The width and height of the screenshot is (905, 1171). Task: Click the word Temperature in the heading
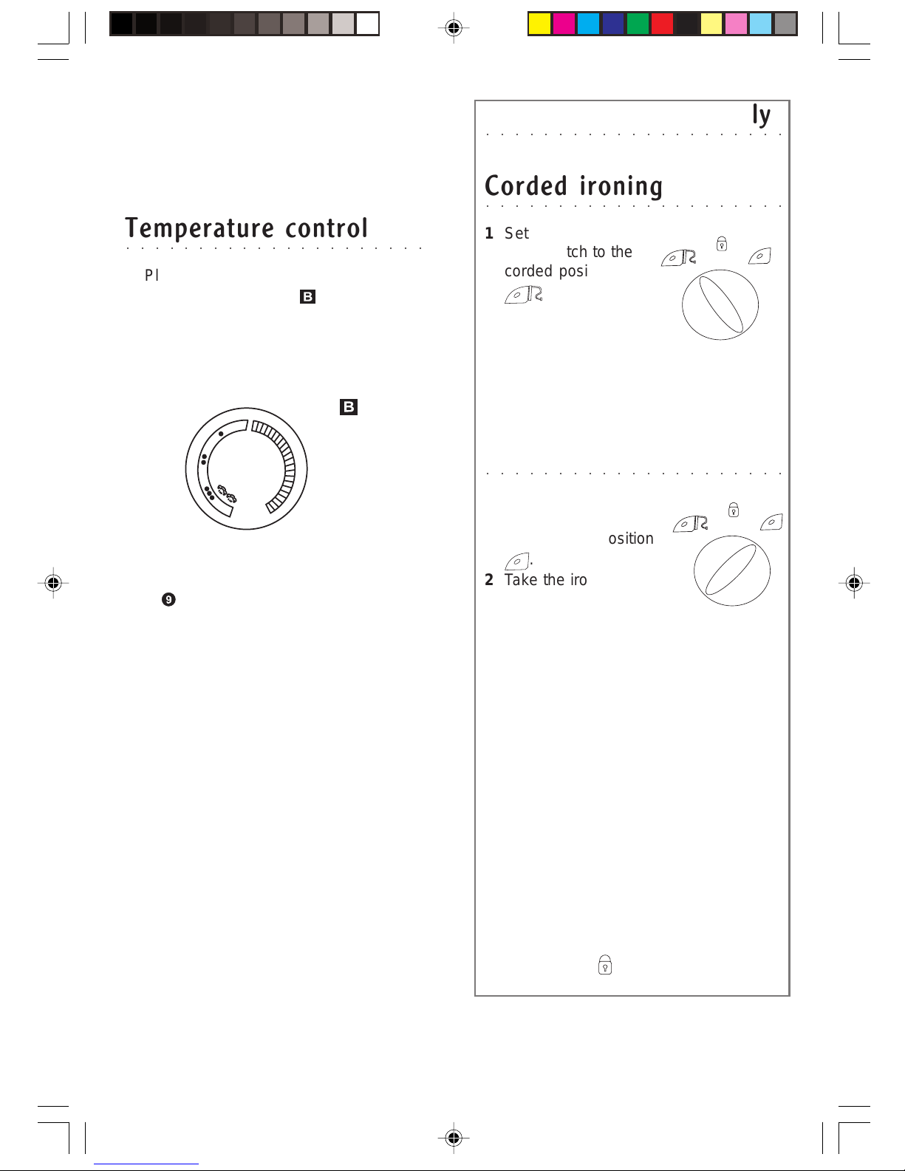[200, 228]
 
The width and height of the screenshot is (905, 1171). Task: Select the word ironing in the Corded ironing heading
[621, 186]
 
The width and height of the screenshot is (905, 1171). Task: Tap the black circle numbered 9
[168, 599]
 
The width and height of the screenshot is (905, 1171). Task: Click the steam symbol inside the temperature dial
[227, 494]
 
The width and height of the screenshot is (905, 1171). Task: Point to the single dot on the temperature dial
[221, 434]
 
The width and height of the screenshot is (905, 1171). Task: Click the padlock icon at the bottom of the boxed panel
[605, 965]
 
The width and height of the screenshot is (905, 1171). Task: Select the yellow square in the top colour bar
[539, 24]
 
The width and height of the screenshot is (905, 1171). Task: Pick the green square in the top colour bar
[638, 24]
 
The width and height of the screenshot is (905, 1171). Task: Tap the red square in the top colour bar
[663, 24]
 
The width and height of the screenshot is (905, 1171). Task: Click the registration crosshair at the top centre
[454, 27]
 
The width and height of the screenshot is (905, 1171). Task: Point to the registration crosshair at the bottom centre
[454, 1138]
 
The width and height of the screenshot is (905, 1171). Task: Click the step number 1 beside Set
[489, 233]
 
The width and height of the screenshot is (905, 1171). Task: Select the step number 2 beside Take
[489, 580]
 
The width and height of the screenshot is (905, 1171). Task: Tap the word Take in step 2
[522, 580]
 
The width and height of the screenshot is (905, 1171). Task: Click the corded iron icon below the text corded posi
[524, 295]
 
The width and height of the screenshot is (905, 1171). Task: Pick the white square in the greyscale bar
[367, 24]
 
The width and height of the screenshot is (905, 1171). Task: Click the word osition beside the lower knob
[631, 539]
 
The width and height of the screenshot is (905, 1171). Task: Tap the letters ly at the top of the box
[761, 115]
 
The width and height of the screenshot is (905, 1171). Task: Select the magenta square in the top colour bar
[564, 24]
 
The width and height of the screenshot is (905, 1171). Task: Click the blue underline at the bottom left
[146, 1164]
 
